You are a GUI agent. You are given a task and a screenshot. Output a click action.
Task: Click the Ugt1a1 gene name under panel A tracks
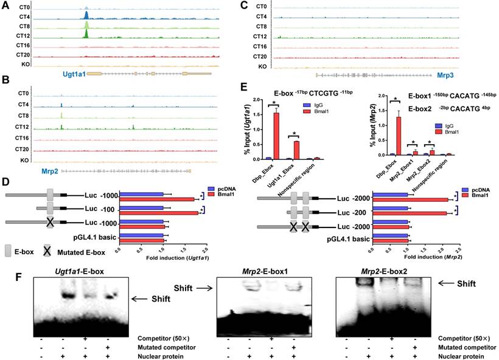[x=74, y=74]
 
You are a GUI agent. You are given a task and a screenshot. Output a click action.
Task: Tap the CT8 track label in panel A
[x=24, y=27]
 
